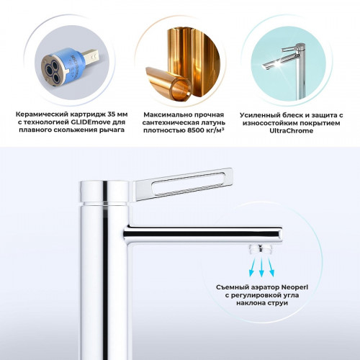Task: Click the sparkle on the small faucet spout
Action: (278, 64)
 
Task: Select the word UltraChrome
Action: (291, 131)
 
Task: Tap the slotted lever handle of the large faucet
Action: (183, 184)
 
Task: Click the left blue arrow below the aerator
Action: (252, 267)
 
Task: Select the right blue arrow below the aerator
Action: (271, 267)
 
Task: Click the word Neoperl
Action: (294, 287)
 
